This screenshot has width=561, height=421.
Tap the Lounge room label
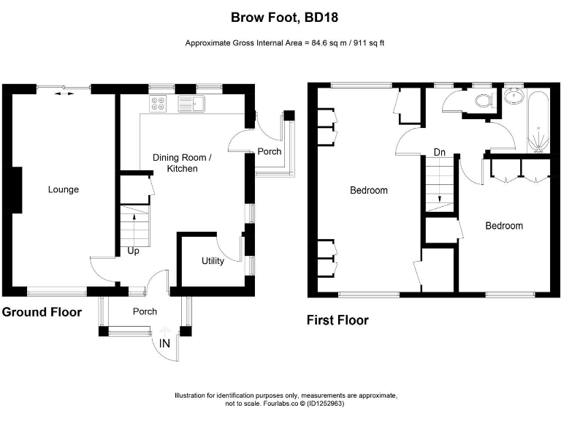pos(63,190)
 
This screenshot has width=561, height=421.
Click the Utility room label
pos(213,261)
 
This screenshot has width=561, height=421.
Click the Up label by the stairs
pos(133,251)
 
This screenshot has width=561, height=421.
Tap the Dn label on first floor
pos(439,152)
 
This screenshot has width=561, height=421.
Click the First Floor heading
pos(337,320)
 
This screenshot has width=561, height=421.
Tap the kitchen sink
pos(194,104)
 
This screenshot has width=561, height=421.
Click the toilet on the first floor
pos(481,101)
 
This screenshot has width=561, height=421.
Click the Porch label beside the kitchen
pos(269,152)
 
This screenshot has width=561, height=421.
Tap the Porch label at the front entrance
pos(145,311)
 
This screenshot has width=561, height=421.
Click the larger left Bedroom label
pos(369,191)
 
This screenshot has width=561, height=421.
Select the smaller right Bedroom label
pos(504,226)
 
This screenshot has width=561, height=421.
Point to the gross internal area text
pos(284,43)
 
